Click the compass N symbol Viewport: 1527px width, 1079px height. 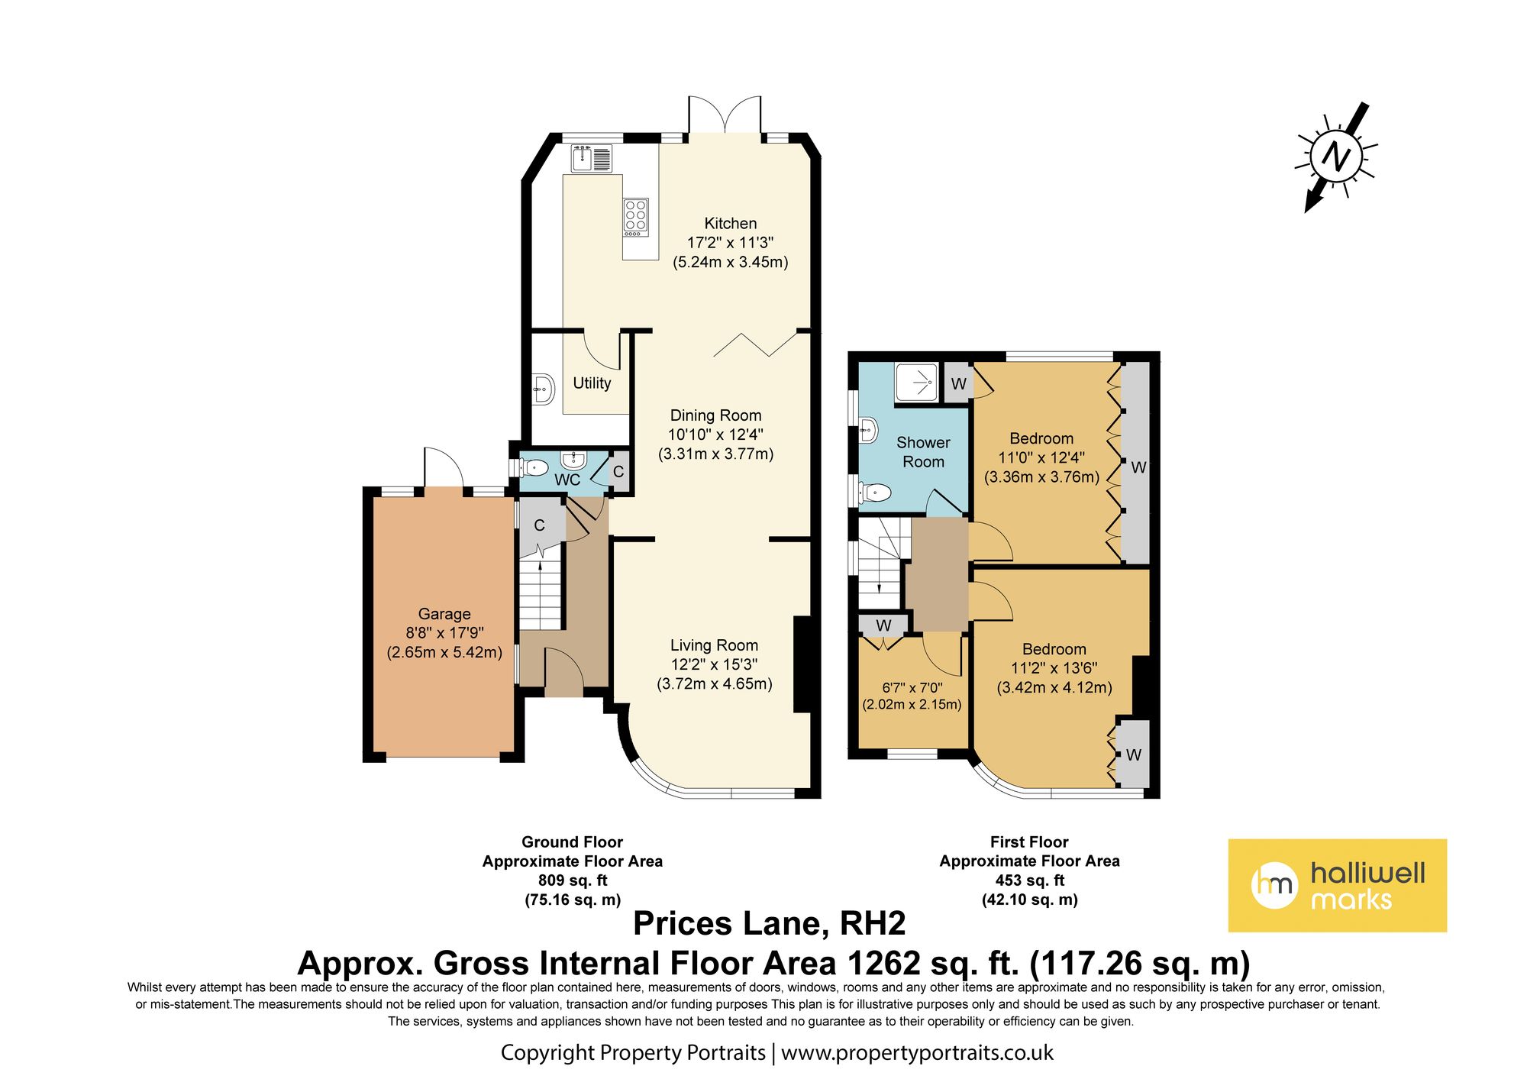pos(1336,157)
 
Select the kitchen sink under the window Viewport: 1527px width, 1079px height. pos(592,159)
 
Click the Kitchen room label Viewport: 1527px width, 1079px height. pos(730,223)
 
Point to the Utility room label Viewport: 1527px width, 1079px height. pos(592,383)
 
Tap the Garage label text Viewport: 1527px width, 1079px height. pos(444,614)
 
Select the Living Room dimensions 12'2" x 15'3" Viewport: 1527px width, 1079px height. pos(714,664)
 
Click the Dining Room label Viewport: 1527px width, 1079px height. pos(715,415)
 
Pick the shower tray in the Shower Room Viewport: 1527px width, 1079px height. pos(916,381)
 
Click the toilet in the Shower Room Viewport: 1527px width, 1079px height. pos(876,493)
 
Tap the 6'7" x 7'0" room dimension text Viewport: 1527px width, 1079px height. pos(912,687)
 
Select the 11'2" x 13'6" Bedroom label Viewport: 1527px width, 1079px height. pos(1054,649)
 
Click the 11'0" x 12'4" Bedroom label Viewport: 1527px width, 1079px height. pos(1041,438)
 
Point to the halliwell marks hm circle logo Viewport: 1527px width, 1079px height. pos(1274,885)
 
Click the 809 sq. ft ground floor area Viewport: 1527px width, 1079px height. pos(573,880)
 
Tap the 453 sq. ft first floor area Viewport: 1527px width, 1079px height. pos(1029,880)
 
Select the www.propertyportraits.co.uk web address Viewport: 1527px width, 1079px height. pos(916,1053)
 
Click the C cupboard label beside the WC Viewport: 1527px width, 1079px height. pos(618,472)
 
